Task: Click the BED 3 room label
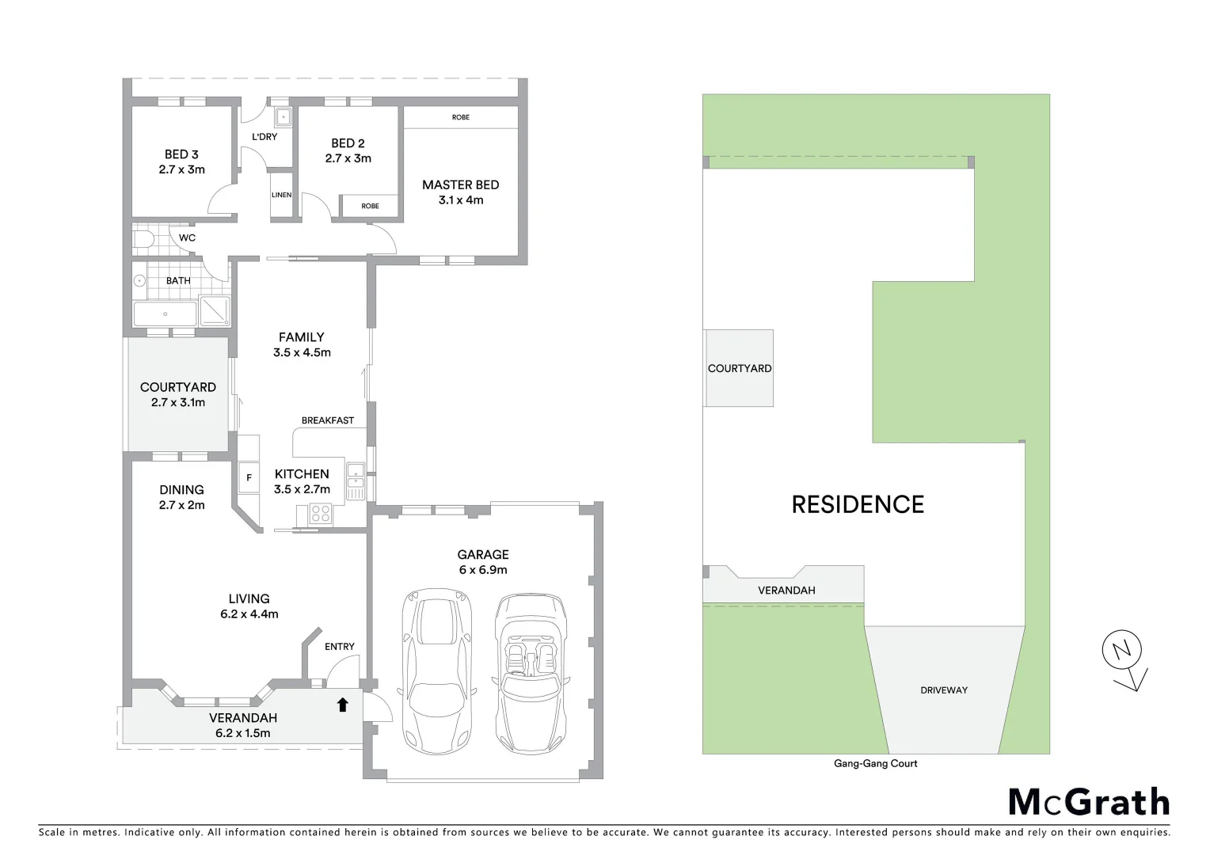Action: pyautogui.click(x=181, y=154)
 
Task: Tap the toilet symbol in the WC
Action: pyautogui.click(x=144, y=238)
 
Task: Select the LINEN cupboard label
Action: pyautogui.click(x=281, y=195)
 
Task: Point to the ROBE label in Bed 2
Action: pyautogui.click(x=370, y=206)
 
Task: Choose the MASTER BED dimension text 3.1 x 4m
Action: pyautogui.click(x=461, y=200)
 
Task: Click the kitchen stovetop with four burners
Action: pyautogui.click(x=321, y=513)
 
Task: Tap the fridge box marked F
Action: pyautogui.click(x=249, y=477)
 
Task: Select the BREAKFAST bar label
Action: pyautogui.click(x=327, y=420)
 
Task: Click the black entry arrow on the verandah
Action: pyautogui.click(x=342, y=705)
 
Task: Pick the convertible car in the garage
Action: pyautogui.click(x=531, y=673)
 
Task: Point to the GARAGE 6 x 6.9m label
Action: pyautogui.click(x=482, y=562)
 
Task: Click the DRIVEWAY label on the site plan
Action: pyautogui.click(x=943, y=690)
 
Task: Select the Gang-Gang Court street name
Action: pyautogui.click(x=875, y=764)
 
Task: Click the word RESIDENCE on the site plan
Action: pyautogui.click(x=858, y=504)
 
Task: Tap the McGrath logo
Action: pyautogui.click(x=1089, y=802)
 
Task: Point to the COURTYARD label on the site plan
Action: pyautogui.click(x=739, y=368)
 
